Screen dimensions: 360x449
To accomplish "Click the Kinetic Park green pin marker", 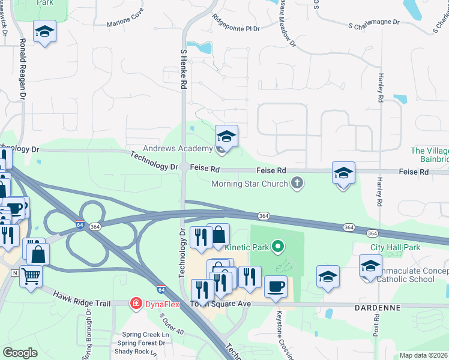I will click(277, 246).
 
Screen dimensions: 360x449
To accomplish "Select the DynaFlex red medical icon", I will click(137, 304).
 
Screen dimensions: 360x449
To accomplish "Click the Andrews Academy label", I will click(178, 148).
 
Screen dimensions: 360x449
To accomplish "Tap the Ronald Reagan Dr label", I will click(23, 68).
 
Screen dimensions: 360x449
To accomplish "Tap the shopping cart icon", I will click(31, 276).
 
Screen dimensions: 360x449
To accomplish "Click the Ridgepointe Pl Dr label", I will click(236, 28).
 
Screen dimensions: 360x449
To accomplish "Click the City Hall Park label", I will click(395, 247).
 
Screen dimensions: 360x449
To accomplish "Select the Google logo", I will click(20, 352).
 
